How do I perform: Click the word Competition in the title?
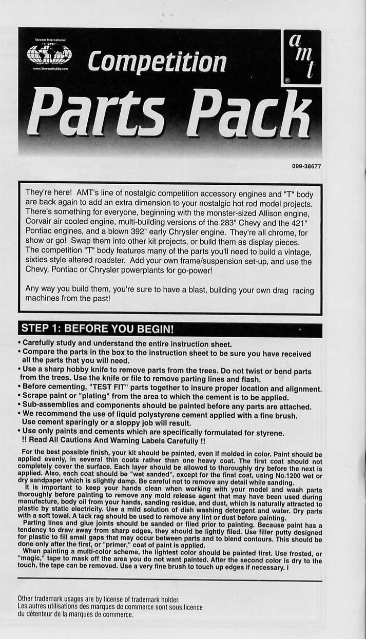pyautogui.click(x=157, y=62)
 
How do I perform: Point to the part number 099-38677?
pyautogui.click(x=306, y=166)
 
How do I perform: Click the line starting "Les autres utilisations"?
pyautogui.click(x=110, y=607)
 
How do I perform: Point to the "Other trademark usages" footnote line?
pyautogui.click(x=98, y=599)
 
